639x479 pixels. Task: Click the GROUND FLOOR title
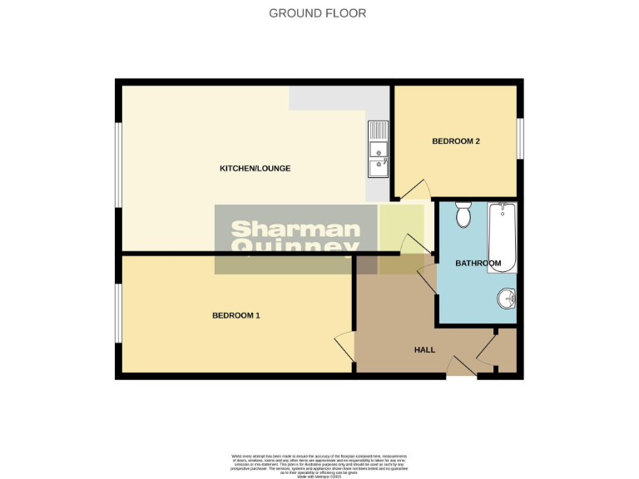pos(317,13)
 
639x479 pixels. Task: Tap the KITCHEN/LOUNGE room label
pos(255,169)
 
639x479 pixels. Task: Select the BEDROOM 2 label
pos(456,141)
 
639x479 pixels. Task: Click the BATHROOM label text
pos(478,264)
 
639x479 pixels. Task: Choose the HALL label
pos(424,350)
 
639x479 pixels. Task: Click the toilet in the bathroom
pos(463,215)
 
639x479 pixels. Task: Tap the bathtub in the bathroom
pos(503,237)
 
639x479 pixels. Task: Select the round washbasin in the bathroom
pos(506,297)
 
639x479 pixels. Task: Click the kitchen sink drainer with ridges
pos(378,131)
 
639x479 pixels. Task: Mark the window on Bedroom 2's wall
pos(520,138)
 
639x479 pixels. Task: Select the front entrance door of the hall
pos(460,367)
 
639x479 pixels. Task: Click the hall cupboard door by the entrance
pos(487,348)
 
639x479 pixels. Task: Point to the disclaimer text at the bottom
pos(319,462)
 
